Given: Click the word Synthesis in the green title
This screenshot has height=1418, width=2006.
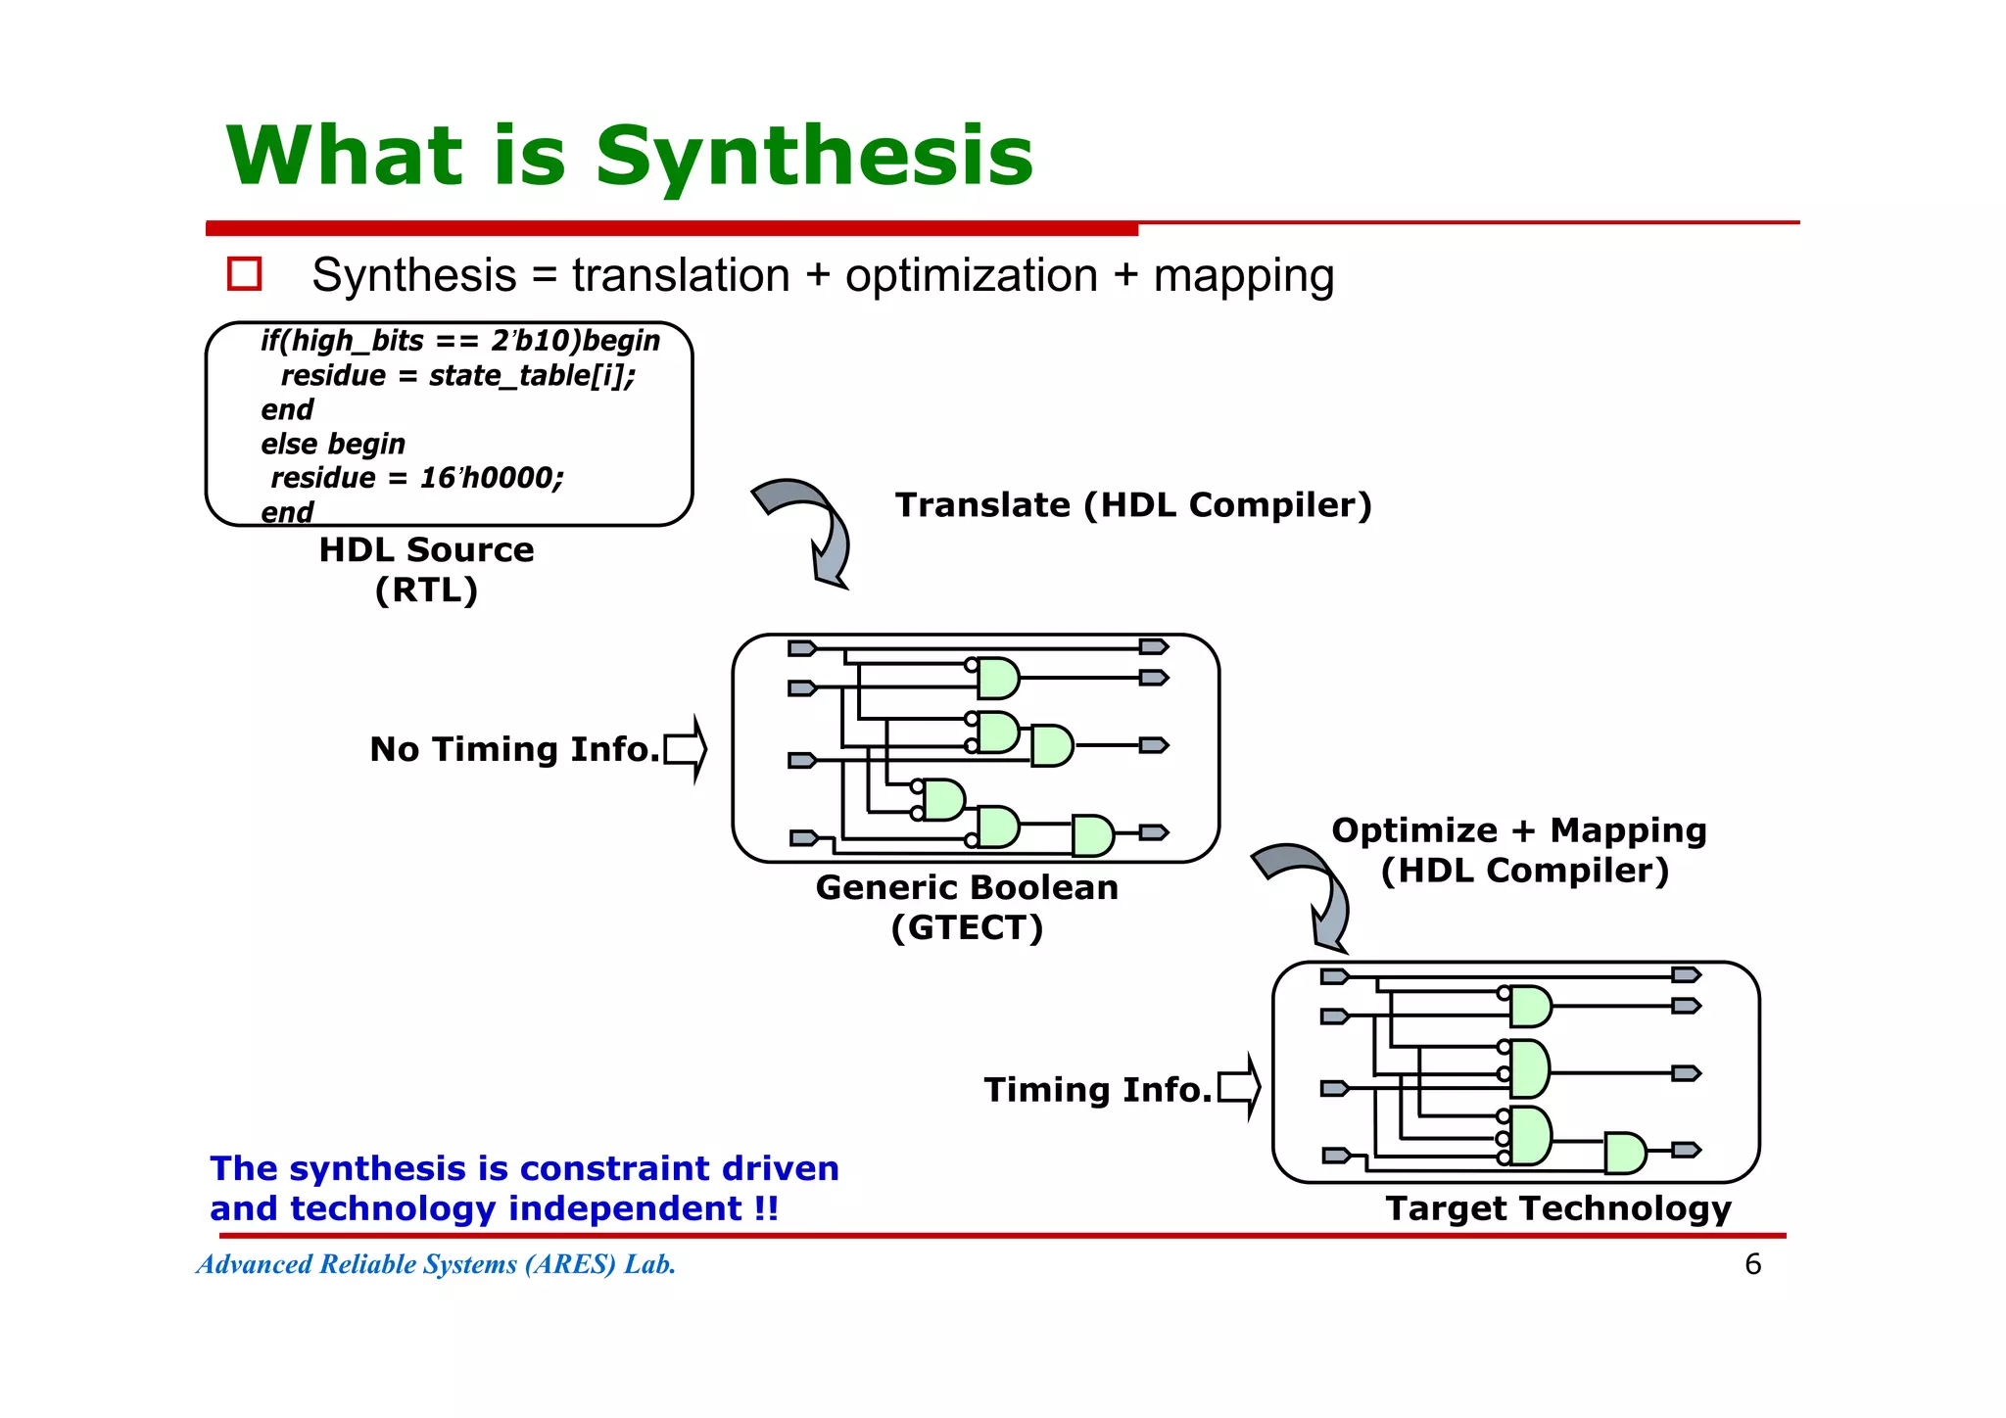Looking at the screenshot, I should pyautogui.click(x=814, y=157).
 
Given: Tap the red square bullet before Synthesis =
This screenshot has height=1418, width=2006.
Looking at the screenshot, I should pyautogui.click(x=244, y=273).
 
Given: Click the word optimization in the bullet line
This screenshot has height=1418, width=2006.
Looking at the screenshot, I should pyautogui.click(x=971, y=275).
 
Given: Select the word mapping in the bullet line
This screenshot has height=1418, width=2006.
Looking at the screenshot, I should pyautogui.click(x=1243, y=277).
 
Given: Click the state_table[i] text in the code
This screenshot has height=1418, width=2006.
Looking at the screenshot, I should pyautogui.click(x=532, y=375).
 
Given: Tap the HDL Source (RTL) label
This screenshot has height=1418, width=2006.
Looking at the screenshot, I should pyautogui.click(x=426, y=569).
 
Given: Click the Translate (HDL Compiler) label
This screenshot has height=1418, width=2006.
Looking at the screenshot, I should pyautogui.click(x=1133, y=505).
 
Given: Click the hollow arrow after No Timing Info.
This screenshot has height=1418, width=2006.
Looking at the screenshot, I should pyautogui.click(x=686, y=750).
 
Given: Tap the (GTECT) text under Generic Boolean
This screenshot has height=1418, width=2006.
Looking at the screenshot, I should pyautogui.click(x=967, y=927).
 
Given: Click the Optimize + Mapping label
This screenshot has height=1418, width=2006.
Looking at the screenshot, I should pyautogui.click(x=1518, y=830).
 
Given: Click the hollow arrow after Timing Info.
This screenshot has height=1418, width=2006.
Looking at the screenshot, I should pyautogui.click(x=1239, y=1088).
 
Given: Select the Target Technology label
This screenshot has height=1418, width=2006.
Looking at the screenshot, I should pyautogui.click(x=1557, y=1208).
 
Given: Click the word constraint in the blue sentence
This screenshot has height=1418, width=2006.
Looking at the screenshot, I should pyautogui.click(x=615, y=1168).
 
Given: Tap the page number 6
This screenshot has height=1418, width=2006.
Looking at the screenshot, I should pyautogui.click(x=1752, y=1264).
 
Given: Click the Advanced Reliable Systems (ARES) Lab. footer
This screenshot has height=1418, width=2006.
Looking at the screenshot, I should pyautogui.click(x=436, y=1264).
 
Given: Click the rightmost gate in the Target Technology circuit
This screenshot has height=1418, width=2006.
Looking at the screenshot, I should pyautogui.click(x=1624, y=1153).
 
